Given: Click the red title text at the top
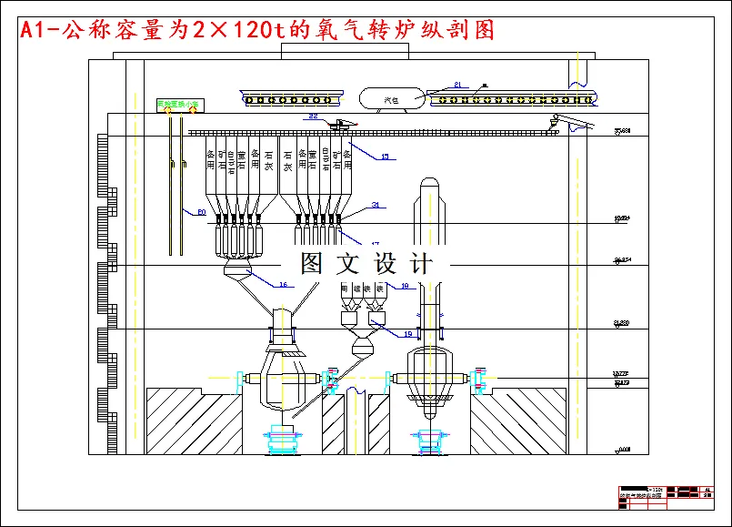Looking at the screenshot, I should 257,29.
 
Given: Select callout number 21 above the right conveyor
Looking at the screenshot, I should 457,85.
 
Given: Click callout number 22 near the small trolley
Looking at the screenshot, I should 313,117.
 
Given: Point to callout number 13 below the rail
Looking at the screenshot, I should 385,157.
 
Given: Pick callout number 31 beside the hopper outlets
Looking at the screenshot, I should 376,205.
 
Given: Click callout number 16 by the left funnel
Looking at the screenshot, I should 283,285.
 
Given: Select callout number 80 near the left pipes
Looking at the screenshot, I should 202,212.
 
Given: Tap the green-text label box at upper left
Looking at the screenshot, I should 180,104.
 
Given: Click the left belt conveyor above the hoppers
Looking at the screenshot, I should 294,97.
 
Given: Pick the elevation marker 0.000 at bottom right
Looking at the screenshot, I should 622,449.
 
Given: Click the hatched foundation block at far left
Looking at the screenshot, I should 193,420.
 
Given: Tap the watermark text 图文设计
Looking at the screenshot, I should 366,264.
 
